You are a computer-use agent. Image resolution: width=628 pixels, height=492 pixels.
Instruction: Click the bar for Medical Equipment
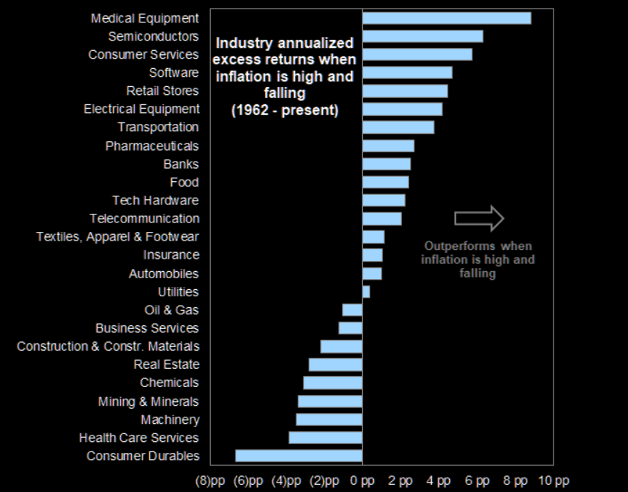pos(446,18)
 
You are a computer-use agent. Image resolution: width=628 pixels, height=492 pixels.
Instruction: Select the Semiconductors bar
pos(422,36)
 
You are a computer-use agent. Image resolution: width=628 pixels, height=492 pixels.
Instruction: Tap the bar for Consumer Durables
pos(298,456)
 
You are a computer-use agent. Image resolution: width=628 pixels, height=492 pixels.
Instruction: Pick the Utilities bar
pos(366,291)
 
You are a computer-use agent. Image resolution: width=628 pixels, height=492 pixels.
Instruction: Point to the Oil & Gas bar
pos(352,310)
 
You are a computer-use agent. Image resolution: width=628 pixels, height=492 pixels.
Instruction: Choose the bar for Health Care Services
pos(325,438)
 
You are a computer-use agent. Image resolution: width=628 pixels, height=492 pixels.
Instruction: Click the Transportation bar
pos(398,128)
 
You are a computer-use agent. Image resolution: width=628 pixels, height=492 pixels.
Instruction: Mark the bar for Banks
pos(386,164)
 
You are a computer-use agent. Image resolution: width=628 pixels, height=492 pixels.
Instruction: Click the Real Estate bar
pos(335,364)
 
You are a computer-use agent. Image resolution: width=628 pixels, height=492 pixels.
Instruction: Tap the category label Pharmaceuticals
pos(151,146)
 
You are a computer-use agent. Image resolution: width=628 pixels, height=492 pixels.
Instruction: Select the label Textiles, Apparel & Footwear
pos(117,237)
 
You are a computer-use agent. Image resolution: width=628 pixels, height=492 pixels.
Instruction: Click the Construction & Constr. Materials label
pos(108,346)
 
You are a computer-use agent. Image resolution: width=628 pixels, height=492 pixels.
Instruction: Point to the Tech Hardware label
pos(155,200)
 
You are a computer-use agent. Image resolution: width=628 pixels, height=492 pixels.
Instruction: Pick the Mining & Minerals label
pos(148,401)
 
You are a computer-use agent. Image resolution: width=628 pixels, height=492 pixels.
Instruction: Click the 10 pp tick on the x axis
pos(554,480)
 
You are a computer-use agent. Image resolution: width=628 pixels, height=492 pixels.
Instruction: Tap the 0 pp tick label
pos(362,480)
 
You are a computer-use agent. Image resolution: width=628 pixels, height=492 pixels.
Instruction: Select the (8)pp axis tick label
pos(212,480)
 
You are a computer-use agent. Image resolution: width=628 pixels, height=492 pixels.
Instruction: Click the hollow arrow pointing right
pos(479,218)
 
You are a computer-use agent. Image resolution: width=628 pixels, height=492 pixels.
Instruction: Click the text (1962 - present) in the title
pos(285,111)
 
